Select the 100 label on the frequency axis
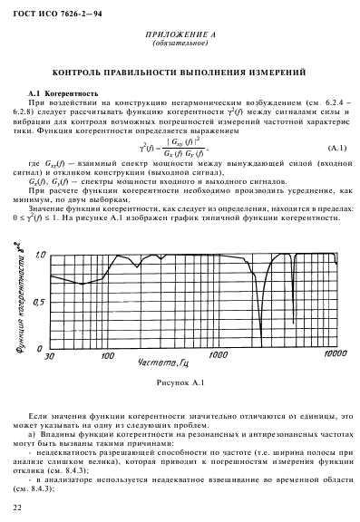[109, 357]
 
